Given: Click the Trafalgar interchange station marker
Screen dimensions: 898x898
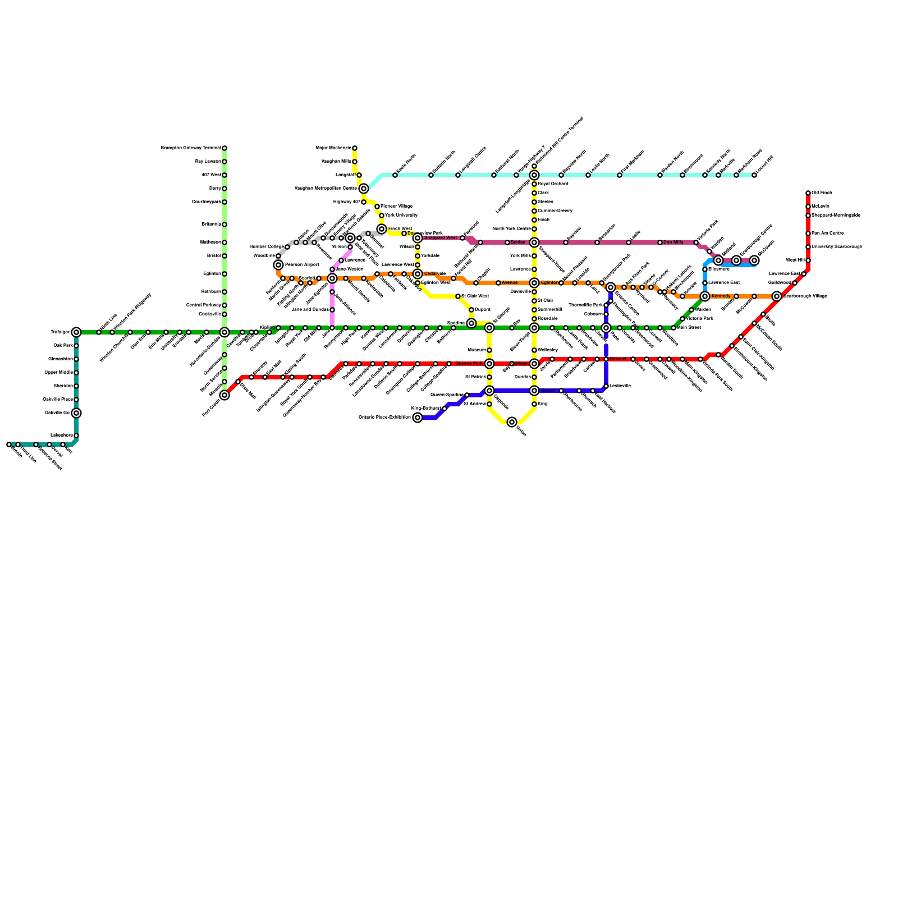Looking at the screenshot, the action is pos(76,332).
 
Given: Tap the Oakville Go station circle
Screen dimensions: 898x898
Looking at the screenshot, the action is pos(76,413).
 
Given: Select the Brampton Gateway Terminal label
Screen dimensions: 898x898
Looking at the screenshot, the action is pos(191,148).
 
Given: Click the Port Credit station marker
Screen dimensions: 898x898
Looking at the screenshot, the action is pos(224,395).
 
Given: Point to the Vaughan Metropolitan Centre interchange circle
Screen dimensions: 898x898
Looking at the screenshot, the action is pos(364,189).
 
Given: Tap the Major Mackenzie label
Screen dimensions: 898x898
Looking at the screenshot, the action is pos(333,148).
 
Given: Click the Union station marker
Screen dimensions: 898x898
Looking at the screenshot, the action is pos(512,422).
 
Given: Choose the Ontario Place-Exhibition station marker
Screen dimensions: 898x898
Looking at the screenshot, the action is pos(418,418).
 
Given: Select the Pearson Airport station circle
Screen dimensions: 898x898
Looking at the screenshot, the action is pos(278,265).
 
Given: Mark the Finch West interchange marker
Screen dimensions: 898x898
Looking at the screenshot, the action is pos(382,229).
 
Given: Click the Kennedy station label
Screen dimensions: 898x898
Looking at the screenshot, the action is pos(721,296).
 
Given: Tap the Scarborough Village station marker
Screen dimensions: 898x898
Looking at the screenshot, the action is pos(777,296).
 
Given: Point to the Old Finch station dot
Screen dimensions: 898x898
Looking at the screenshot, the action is pos(808,193).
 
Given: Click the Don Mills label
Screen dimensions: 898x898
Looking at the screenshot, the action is pos(673,242).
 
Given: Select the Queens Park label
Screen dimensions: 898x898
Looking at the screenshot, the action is pos(469,364).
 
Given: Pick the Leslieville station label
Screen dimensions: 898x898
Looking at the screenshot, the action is pos(620,386).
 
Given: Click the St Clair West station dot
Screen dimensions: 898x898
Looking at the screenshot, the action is pos(458,296).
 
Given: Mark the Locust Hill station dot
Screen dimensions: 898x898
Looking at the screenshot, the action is pos(754,175).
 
